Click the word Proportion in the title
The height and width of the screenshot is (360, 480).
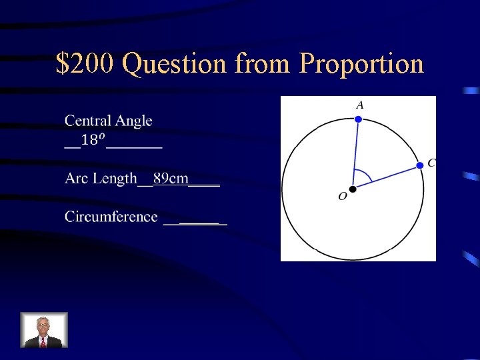(x=362, y=64)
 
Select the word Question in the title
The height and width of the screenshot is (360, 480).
(x=175, y=64)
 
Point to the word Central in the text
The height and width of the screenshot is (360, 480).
(x=88, y=121)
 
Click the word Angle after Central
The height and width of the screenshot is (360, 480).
(x=134, y=122)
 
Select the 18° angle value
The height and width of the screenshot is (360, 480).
(x=93, y=140)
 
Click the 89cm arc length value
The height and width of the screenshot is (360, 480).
(x=171, y=178)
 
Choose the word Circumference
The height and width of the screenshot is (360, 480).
(x=111, y=217)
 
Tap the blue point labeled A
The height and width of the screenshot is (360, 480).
(x=358, y=119)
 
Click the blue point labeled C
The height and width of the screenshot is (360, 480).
(x=420, y=165)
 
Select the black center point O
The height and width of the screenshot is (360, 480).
(x=353, y=189)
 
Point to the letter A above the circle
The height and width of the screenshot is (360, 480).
(x=359, y=105)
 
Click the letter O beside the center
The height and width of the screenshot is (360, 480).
(x=342, y=197)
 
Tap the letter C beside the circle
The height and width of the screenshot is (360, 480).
(x=431, y=163)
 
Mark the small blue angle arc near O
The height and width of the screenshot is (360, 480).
(x=364, y=175)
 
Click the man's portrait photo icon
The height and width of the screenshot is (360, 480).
(x=44, y=330)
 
